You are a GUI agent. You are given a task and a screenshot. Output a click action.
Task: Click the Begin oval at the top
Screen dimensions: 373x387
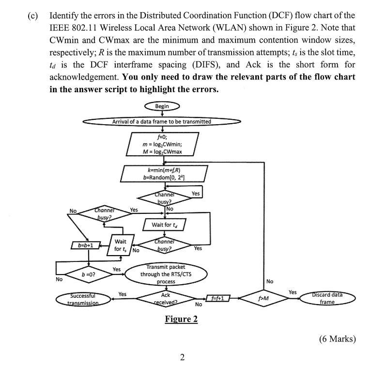[162, 106]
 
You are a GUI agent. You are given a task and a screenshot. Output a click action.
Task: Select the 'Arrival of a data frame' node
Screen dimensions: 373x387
[161, 122]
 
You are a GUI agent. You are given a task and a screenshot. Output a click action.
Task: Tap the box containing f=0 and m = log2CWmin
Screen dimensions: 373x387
[162, 144]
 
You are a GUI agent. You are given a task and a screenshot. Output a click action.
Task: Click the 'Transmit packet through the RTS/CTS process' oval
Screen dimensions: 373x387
[166, 274]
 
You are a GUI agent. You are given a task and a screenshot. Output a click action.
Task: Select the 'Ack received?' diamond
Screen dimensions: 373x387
[166, 297]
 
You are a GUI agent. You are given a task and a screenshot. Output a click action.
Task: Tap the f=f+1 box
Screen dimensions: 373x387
[216, 297]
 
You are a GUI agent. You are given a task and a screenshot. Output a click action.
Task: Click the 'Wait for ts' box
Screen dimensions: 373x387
[120, 245]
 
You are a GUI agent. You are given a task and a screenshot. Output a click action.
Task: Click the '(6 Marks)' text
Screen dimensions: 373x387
[338, 339]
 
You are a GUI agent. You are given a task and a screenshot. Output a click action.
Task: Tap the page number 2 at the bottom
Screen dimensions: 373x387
[182, 358]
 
